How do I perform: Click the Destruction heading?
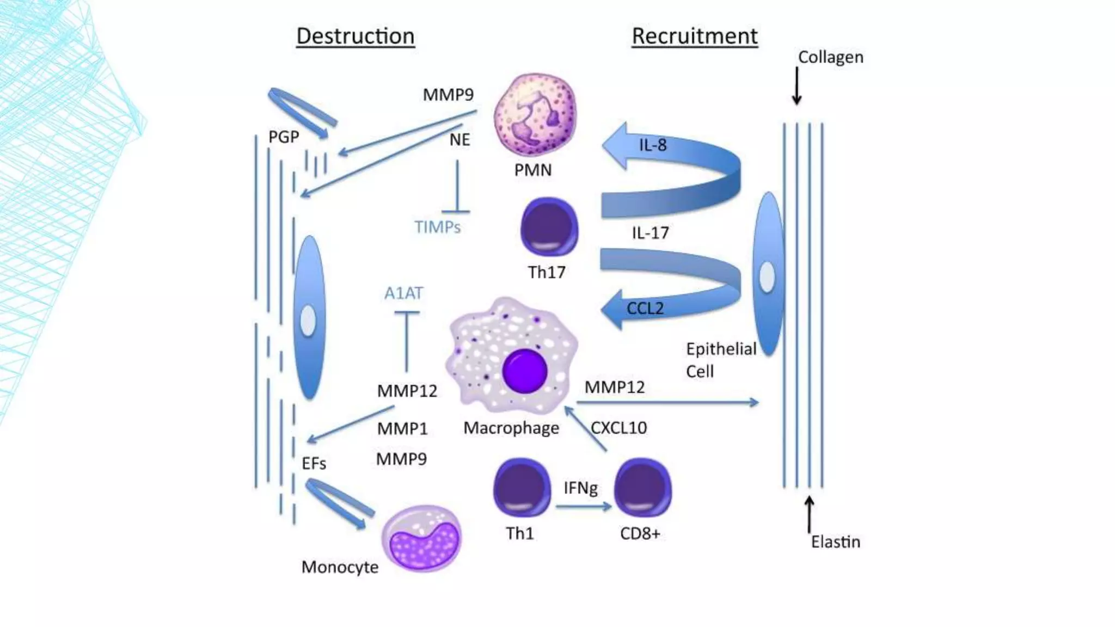pyautogui.click(x=355, y=36)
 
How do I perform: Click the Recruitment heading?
pyautogui.click(x=694, y=36)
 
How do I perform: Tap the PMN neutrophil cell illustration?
pyautogui.click(x=535, y=115)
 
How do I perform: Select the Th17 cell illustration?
pyautogui.click(x=549, y=227)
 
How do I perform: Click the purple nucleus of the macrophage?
pyautogui.click(x=524, y=371)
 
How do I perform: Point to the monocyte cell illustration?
pyautogui.click(x=421, y=538)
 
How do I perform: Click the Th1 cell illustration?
pyautogui.click(x=522, y=488)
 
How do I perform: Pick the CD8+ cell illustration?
pyautogui.click(x=642, y=488)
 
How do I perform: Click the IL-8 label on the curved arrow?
pyautogui.click(x=652, y=145)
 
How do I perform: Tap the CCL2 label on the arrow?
pyautogui.click(x=645, y=309)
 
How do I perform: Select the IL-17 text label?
pyautogui.click(x=650, y=233)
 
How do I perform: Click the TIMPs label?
pyautogui.click(x=437, y=227)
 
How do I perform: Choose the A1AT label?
pyautogui.click(x=403, y=293)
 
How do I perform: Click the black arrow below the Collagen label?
pyautogui.click(x=797, y=85)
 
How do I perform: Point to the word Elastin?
pyautogui.click(x=835, y=542)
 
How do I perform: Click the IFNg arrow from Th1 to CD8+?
pyautogui.click(x=583, y=507)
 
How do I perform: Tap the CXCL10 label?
pyautogui.click(x=618, y=428)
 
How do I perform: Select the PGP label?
pyautogui.click(x=284, y=137)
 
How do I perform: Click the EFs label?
pyautogui.click(x=314, y=464)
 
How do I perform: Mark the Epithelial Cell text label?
pyautogui.click(x=720, y=360)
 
